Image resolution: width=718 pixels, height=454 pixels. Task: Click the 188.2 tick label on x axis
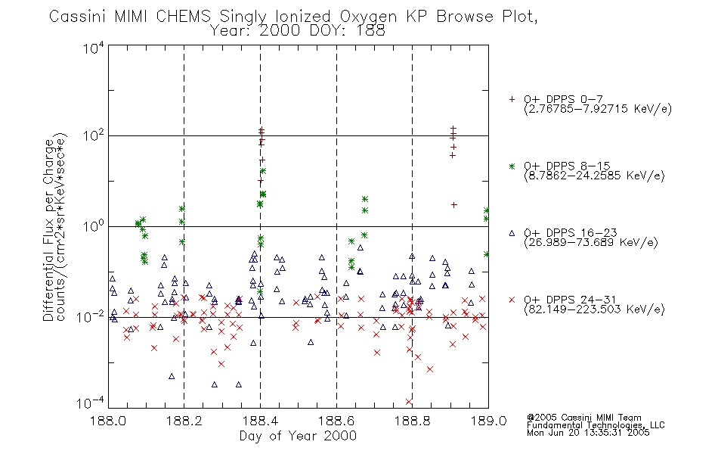pyautogui.click(x=184, y=421)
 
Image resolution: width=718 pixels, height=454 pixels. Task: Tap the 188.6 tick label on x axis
pyautogui.click(x=336, y=421)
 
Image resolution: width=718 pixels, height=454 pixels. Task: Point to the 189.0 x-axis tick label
pyautogui.click(x=488, y=421)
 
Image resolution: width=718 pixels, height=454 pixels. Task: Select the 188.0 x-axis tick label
pyautogui.click(x=108, y=421)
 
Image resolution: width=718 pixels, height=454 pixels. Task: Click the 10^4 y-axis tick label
pyautogui.click(x=94, y=47)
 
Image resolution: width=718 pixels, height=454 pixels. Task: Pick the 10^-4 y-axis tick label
pyautogui.click(x=91, y=403)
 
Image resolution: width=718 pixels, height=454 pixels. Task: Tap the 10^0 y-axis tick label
pyautogui.click(x=94, y=225)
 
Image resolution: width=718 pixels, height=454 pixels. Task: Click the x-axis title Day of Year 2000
pyautogui.click(x=298, y=436)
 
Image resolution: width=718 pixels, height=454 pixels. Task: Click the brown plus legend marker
pyautogui.click(x=512, y=99)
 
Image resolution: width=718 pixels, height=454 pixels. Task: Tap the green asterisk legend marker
pyautogui.click(x=512, y=166)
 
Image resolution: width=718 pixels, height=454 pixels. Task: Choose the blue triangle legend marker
pyautogui.click(x=512, y=233)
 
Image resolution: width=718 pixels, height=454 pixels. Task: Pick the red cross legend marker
pyautogui.click(x=512, y=300)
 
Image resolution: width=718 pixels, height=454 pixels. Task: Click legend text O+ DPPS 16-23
pyautogui.click(x=571, y=233)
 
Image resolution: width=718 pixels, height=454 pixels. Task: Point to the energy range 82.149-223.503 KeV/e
pyautogui.click(x=594, y=309)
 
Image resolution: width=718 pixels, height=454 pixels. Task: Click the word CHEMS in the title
pyautogui.click(x=184, y=17)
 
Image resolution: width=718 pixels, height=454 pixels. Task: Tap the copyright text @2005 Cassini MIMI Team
pyautogui.click(x=584, y=418)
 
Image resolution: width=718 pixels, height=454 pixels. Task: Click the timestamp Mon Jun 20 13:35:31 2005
pyautogui.click(x=588, y=433)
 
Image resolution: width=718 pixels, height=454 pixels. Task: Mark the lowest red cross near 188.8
pyautogui.click(x=409, y=402)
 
